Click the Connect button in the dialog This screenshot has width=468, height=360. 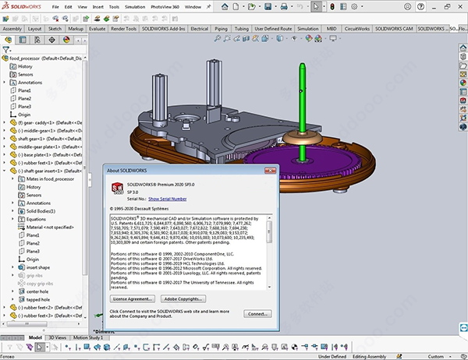point(257,313)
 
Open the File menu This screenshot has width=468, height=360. point(56,6)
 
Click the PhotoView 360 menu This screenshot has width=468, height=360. point(167,6)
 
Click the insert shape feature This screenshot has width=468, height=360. point(39,266)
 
